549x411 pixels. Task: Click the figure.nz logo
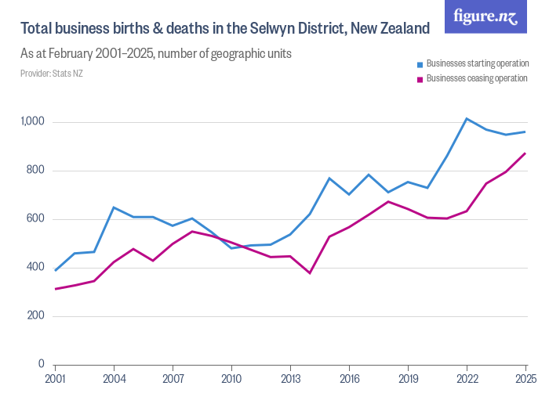point(485,16)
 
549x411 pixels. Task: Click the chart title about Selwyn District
point(225,29)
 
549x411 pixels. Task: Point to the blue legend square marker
point(420,63)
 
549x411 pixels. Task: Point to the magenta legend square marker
point(420,79)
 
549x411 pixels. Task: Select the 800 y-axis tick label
point(37,171)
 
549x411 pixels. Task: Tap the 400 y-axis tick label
point(37,268)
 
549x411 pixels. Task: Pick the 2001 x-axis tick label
point(55,379)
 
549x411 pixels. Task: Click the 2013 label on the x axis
point(290,379)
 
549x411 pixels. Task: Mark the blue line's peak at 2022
point(467,119)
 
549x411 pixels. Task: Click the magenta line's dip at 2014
point(310,273)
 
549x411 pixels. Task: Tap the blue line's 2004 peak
point(114,207)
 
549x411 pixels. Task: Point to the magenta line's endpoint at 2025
point(525,153)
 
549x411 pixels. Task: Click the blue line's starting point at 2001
point(55,270)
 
